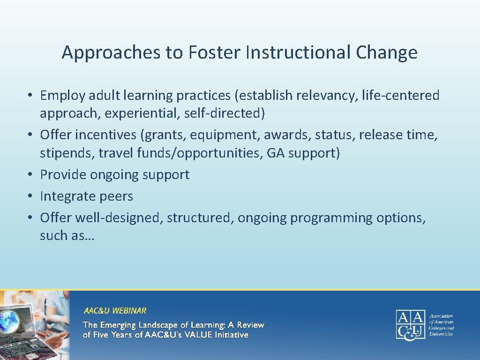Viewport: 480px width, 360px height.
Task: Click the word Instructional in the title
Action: coord(298,52)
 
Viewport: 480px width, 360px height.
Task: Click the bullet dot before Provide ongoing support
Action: coord(29,175)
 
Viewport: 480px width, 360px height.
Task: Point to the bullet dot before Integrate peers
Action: coord(29,196)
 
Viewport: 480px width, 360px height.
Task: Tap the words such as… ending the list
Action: coord(67,236)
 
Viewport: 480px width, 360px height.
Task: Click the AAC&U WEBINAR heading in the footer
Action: coord(115,311)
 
